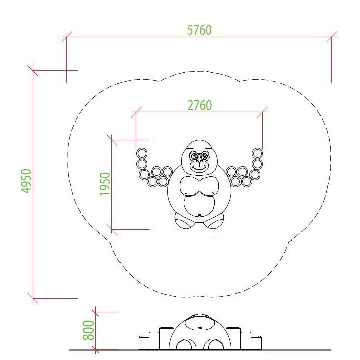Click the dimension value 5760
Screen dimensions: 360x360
pyautogui.click(x=199, y=30)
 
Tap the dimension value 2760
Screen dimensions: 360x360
pyautogui.click(x=200, y=105)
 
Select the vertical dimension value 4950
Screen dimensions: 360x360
pyautogui.click(x=26, y=181)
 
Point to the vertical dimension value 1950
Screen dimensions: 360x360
pyautogui.click(x=105, y=184)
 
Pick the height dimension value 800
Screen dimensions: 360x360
pyautogui.click(x=88, y=330)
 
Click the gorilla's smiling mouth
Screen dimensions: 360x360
pyautogui.click(x=199, y=169)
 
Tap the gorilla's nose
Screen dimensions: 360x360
pyautogui.click(x=199, y=162)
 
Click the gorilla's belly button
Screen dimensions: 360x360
pyautogui.click(x=199, y=215)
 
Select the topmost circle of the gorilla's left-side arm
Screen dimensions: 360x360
pyautogui.click(x=142, y=153)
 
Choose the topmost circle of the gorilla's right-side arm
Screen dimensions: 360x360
pyautogui.click(x=257, y=153)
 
